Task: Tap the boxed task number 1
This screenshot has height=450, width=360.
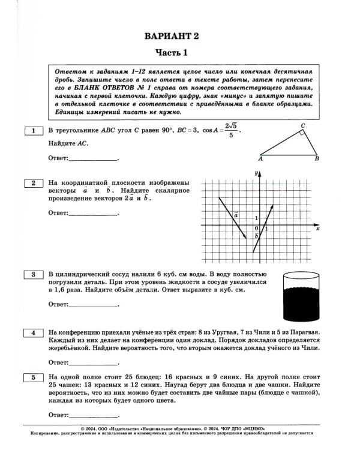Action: (34, 130)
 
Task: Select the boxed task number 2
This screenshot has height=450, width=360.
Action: (34, 182)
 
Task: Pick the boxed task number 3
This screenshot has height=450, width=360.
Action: (34, 274)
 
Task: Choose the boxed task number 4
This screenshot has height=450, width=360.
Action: (34, 332)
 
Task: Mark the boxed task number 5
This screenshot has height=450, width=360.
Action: (34, 376)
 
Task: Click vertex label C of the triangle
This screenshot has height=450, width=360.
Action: (303, 125)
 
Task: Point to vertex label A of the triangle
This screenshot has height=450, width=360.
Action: (260, 160)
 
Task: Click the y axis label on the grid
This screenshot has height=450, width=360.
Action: (256, 173)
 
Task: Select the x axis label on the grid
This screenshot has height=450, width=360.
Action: (317, 229)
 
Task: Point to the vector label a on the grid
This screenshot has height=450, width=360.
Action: (236, 213)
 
